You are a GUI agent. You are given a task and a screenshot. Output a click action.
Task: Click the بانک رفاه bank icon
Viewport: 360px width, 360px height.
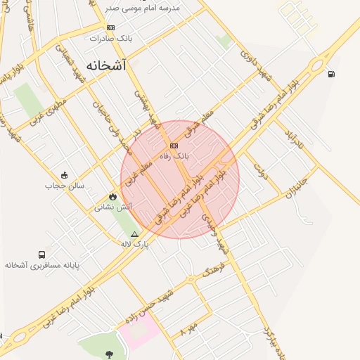tap(174, 146)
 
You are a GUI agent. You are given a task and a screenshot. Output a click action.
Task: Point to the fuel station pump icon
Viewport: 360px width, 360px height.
tap(331, 74)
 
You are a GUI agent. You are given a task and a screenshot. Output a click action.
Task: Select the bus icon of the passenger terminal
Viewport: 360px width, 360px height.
tap(42, 255)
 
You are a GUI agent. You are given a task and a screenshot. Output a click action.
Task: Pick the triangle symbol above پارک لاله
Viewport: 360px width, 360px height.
tap(135, 233)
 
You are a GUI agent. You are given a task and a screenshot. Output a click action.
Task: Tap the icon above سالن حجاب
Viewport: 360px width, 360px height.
tap(65, 175)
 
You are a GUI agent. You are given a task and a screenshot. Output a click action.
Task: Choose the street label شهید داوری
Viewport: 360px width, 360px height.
tap(255, 63)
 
